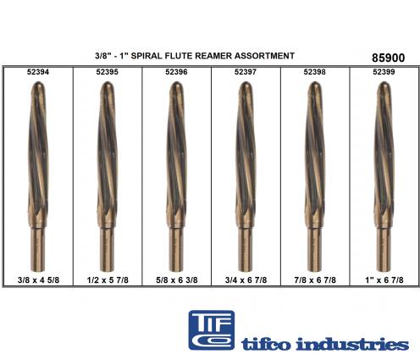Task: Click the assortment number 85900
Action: (x=388, y=58)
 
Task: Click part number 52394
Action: (x=38, y=72)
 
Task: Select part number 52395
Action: (x=107, y=72)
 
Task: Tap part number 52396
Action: (x=176, y=72)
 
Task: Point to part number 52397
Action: (x=246, y=72)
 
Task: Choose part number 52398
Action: (x=315, y=72)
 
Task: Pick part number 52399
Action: (x=384, y=72)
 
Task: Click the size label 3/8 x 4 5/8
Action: (x=38, y=280)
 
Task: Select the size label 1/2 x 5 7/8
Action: (x=108, y=280)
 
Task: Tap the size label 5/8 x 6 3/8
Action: (x=177, y=280)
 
